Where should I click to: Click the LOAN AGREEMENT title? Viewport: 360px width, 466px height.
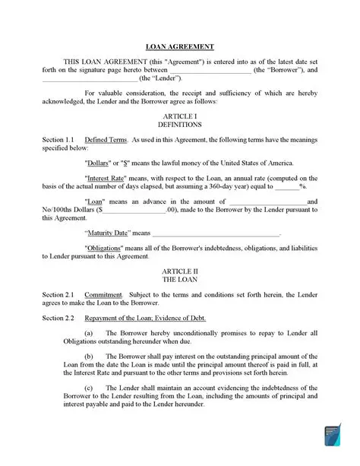pos(179,47)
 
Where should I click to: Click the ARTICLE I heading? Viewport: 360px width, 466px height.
pos(179,115)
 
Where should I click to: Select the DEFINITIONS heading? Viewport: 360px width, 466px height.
pos(179,124)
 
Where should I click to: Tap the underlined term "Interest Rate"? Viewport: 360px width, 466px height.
pos(105,178)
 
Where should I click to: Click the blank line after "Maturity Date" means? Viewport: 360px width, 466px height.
pos(216,233)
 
